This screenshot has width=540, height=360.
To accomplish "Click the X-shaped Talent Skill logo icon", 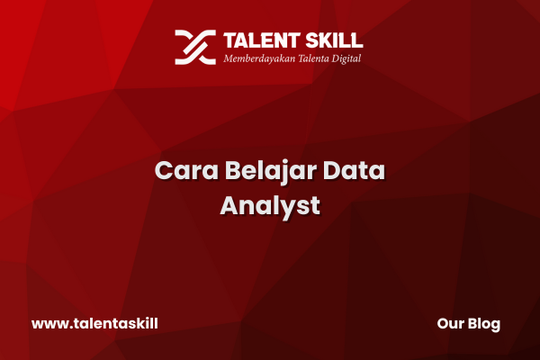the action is tap(195, 47).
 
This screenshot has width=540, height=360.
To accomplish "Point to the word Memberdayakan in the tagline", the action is tap(259, 58).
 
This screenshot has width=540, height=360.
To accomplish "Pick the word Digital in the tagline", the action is tap(346, 58).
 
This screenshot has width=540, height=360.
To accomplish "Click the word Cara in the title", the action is tap(186, 170).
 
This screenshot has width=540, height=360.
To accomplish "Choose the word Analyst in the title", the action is tap(270, 207).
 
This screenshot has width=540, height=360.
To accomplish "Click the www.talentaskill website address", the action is tap(94, 323).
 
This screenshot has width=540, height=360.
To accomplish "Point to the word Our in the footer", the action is tap(450, 323).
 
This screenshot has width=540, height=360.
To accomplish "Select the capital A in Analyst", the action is tap(229, 206).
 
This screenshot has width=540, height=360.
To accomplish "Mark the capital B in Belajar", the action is tap(233, 170).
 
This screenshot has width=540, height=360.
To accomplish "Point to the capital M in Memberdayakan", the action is tap(229, 58).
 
